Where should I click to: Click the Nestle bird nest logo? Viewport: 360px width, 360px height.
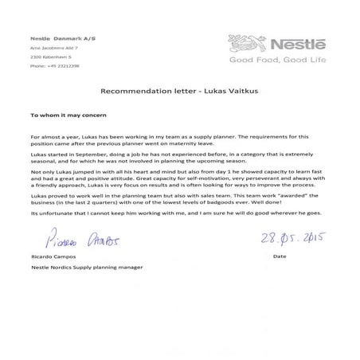(243, 43)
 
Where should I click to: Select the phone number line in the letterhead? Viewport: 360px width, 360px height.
(54, 66)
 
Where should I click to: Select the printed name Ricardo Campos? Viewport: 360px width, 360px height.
(53, 257)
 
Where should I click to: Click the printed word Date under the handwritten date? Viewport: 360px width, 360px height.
(279, 257)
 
